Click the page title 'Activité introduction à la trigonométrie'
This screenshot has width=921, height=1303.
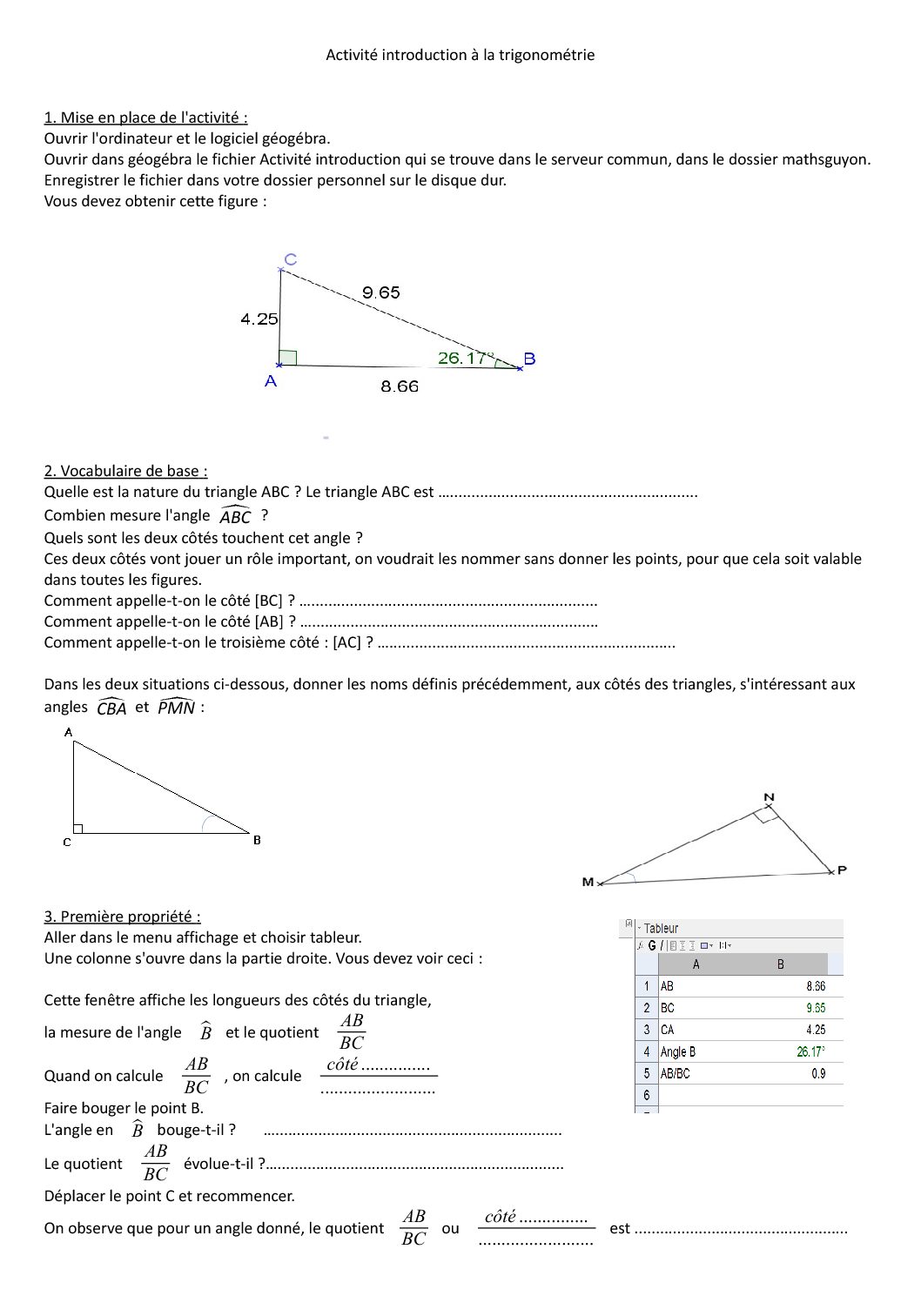click(x=460, y=55)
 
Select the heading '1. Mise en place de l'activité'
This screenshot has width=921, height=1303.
click(x=145, y=118)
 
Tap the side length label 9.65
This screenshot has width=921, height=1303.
click(x=381, y=292)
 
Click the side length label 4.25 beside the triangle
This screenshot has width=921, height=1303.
click(x=259, y=319)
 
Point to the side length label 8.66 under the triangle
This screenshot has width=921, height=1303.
click(x=400, y=386)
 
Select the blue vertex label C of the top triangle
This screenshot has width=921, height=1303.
click(x=291, y=259)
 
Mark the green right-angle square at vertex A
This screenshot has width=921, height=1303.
click(x=288, y=358)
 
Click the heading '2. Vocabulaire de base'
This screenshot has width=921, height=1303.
click(x=125, y=471)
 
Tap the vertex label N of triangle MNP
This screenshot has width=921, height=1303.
click(x=769, y=797)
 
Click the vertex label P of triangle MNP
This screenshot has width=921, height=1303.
click(x=842, y=870)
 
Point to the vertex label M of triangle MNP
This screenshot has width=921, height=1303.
click(x=588, y=883)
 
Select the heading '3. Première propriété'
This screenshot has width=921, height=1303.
click(x=122, y=917)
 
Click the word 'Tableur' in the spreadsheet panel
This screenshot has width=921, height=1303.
click(x=661, y=929)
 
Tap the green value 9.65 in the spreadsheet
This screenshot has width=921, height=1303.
click(x=816, y=1008)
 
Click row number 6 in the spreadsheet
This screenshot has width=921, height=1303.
click(x=646, y=1095)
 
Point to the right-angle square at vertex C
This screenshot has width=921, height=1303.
click(x=77, y=829)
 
